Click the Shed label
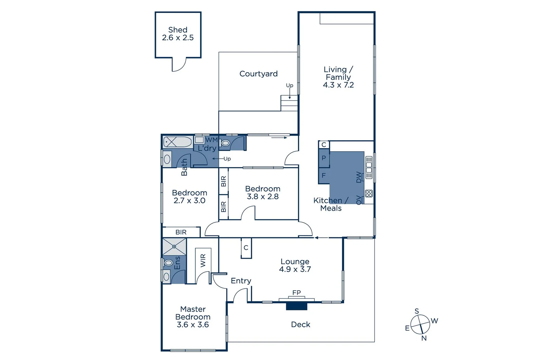178,30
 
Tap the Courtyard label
258,74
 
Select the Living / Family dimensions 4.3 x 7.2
338,85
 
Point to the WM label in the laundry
211,140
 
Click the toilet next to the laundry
226,143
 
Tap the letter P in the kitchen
323,158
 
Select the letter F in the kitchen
323,175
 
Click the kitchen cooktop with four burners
369,193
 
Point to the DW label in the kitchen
359,177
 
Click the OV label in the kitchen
359,200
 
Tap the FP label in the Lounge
296,293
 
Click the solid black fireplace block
296,306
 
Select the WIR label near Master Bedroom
203,260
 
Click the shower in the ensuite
174,247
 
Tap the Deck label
300,324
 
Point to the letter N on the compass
424,338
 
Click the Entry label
241,281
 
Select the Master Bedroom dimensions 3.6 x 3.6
193,325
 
